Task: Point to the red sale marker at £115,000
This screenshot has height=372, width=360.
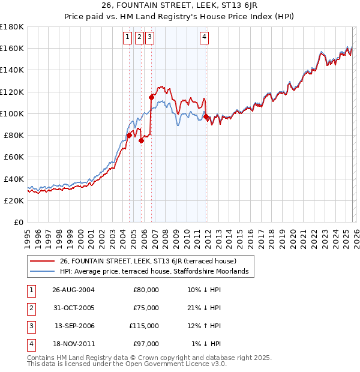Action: [151, 96]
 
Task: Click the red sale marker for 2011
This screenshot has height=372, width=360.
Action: [206, 116]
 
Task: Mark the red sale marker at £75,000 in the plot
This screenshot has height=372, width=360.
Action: [142, 140]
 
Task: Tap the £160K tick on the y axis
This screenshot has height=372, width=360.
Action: [13, 48]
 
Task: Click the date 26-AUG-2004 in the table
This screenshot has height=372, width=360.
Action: [73, 289]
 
